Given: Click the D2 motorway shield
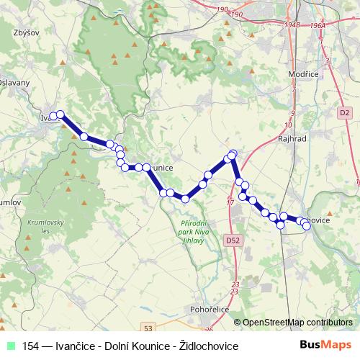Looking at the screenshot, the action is pos(344,112).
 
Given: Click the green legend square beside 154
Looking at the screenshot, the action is pos(9,346).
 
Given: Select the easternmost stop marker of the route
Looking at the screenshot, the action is pos(306,225).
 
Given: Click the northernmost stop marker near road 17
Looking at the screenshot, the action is pos(233,153).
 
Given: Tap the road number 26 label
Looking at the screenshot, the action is pos(210,330).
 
